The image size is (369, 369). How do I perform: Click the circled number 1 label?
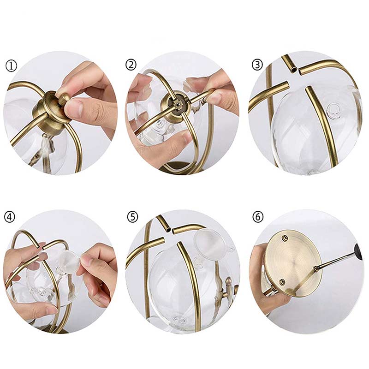[11, 66]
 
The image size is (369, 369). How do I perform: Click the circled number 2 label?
[131, 65]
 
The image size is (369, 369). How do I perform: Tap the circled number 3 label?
[257, 65]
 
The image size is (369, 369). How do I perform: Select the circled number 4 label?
[10, 217]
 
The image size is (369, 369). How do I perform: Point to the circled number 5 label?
[132, 217]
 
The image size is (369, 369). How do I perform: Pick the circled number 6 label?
[258, 217]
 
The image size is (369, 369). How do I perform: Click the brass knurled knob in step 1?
[63, 98]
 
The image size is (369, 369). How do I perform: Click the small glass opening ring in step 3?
[333, 109]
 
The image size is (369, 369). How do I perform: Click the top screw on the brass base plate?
[285, 238]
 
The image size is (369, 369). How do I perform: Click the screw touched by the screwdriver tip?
[316, 268]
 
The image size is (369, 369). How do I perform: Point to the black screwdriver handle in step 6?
[359, 251]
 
